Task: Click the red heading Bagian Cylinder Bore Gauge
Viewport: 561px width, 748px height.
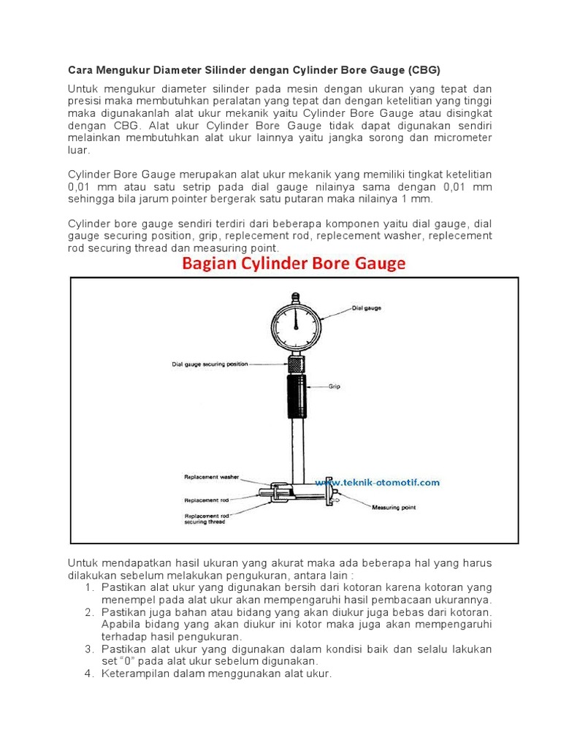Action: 292,264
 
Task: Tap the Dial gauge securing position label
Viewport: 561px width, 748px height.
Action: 210,363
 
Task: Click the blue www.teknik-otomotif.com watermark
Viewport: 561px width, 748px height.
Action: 377,482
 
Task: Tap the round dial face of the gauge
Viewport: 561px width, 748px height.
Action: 296,322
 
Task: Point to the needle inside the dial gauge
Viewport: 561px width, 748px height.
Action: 296,316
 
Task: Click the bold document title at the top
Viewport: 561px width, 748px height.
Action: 254,70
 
